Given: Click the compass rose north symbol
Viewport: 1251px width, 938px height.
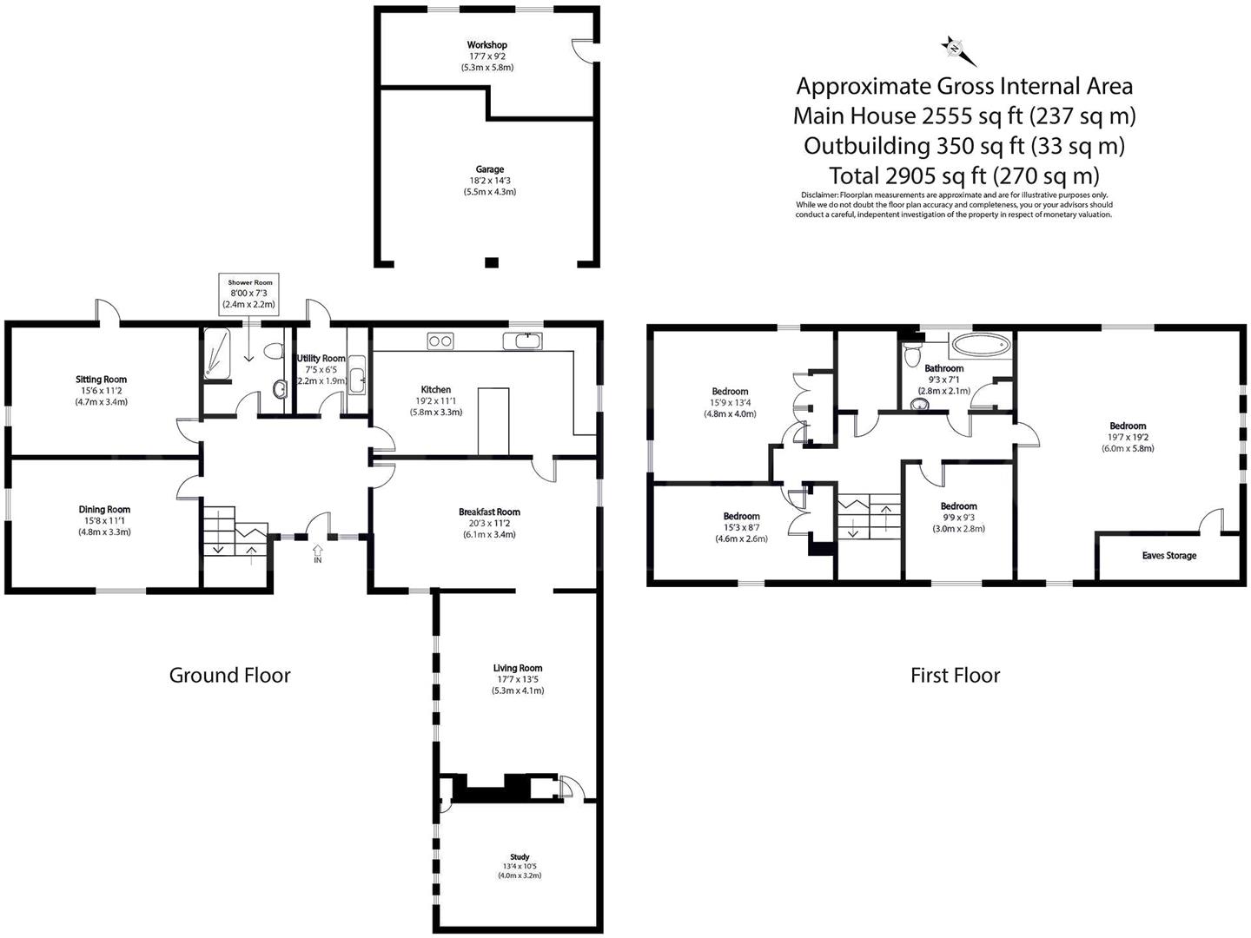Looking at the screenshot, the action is coord(958,50).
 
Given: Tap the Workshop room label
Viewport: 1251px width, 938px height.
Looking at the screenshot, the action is coord(486,45).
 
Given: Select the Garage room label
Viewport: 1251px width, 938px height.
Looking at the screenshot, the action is coord(490,169).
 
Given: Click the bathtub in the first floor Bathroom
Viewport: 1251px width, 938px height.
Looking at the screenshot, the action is coord(981,345).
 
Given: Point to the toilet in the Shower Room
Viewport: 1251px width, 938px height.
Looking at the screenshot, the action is coord(275,350).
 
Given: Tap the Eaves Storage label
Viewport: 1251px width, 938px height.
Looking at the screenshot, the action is coord(1169,555).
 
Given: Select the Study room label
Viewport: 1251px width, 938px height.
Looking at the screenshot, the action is coord(520,857).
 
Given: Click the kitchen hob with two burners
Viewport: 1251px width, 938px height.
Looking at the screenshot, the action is coord(440,341).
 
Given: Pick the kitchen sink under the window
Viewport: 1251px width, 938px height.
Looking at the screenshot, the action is coord(523,340).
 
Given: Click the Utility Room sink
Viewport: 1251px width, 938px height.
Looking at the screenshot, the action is coord(356,374).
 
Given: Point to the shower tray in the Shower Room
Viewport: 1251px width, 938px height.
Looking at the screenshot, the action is coord(217,353).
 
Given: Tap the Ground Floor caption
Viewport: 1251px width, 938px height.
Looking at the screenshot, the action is coord(229,676).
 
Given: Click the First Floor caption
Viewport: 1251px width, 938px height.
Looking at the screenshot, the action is coord(956,676).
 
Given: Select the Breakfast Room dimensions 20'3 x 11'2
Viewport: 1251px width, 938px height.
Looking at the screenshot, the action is coord(490,524).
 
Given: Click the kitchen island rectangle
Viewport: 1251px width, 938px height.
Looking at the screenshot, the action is coord(493,422).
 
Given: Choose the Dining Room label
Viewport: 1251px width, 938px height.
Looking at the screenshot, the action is coord(104,510).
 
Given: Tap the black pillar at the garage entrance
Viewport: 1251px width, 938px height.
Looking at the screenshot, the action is coord(492,262).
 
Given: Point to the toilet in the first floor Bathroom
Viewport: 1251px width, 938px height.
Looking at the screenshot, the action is coord(912,354).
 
